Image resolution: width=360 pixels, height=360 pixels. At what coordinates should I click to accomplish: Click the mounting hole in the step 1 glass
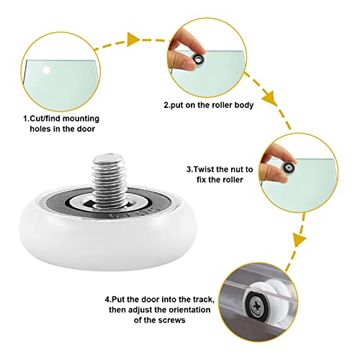coord(47,70)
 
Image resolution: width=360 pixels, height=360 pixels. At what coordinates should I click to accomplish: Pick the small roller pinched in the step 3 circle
coord(290,168)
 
